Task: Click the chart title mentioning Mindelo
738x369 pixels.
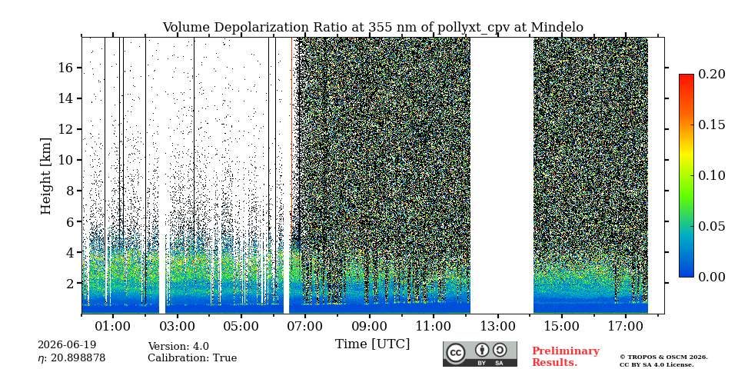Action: (373, 28)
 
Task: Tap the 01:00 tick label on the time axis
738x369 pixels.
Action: (114, 326)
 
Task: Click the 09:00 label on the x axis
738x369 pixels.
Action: (370, 326)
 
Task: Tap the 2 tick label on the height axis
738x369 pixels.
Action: (71, 284)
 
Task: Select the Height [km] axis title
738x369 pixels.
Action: (45, 176)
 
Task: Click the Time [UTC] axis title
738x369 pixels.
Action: (372, 344)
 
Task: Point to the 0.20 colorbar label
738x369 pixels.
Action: (712, 74)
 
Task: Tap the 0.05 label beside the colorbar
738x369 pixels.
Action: (712, 226)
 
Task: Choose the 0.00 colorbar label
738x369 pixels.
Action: (712, 278)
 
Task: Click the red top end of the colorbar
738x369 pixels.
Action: (686, 76)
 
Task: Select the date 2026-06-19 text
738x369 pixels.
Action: (67, 345)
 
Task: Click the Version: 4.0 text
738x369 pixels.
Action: (178, 347)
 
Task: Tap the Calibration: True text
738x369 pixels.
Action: (192, 358)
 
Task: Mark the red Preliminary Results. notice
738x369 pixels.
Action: (566, 357)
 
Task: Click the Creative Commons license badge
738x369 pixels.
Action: (480, 354)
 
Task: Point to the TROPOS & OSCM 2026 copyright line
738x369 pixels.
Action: (663, 357)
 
